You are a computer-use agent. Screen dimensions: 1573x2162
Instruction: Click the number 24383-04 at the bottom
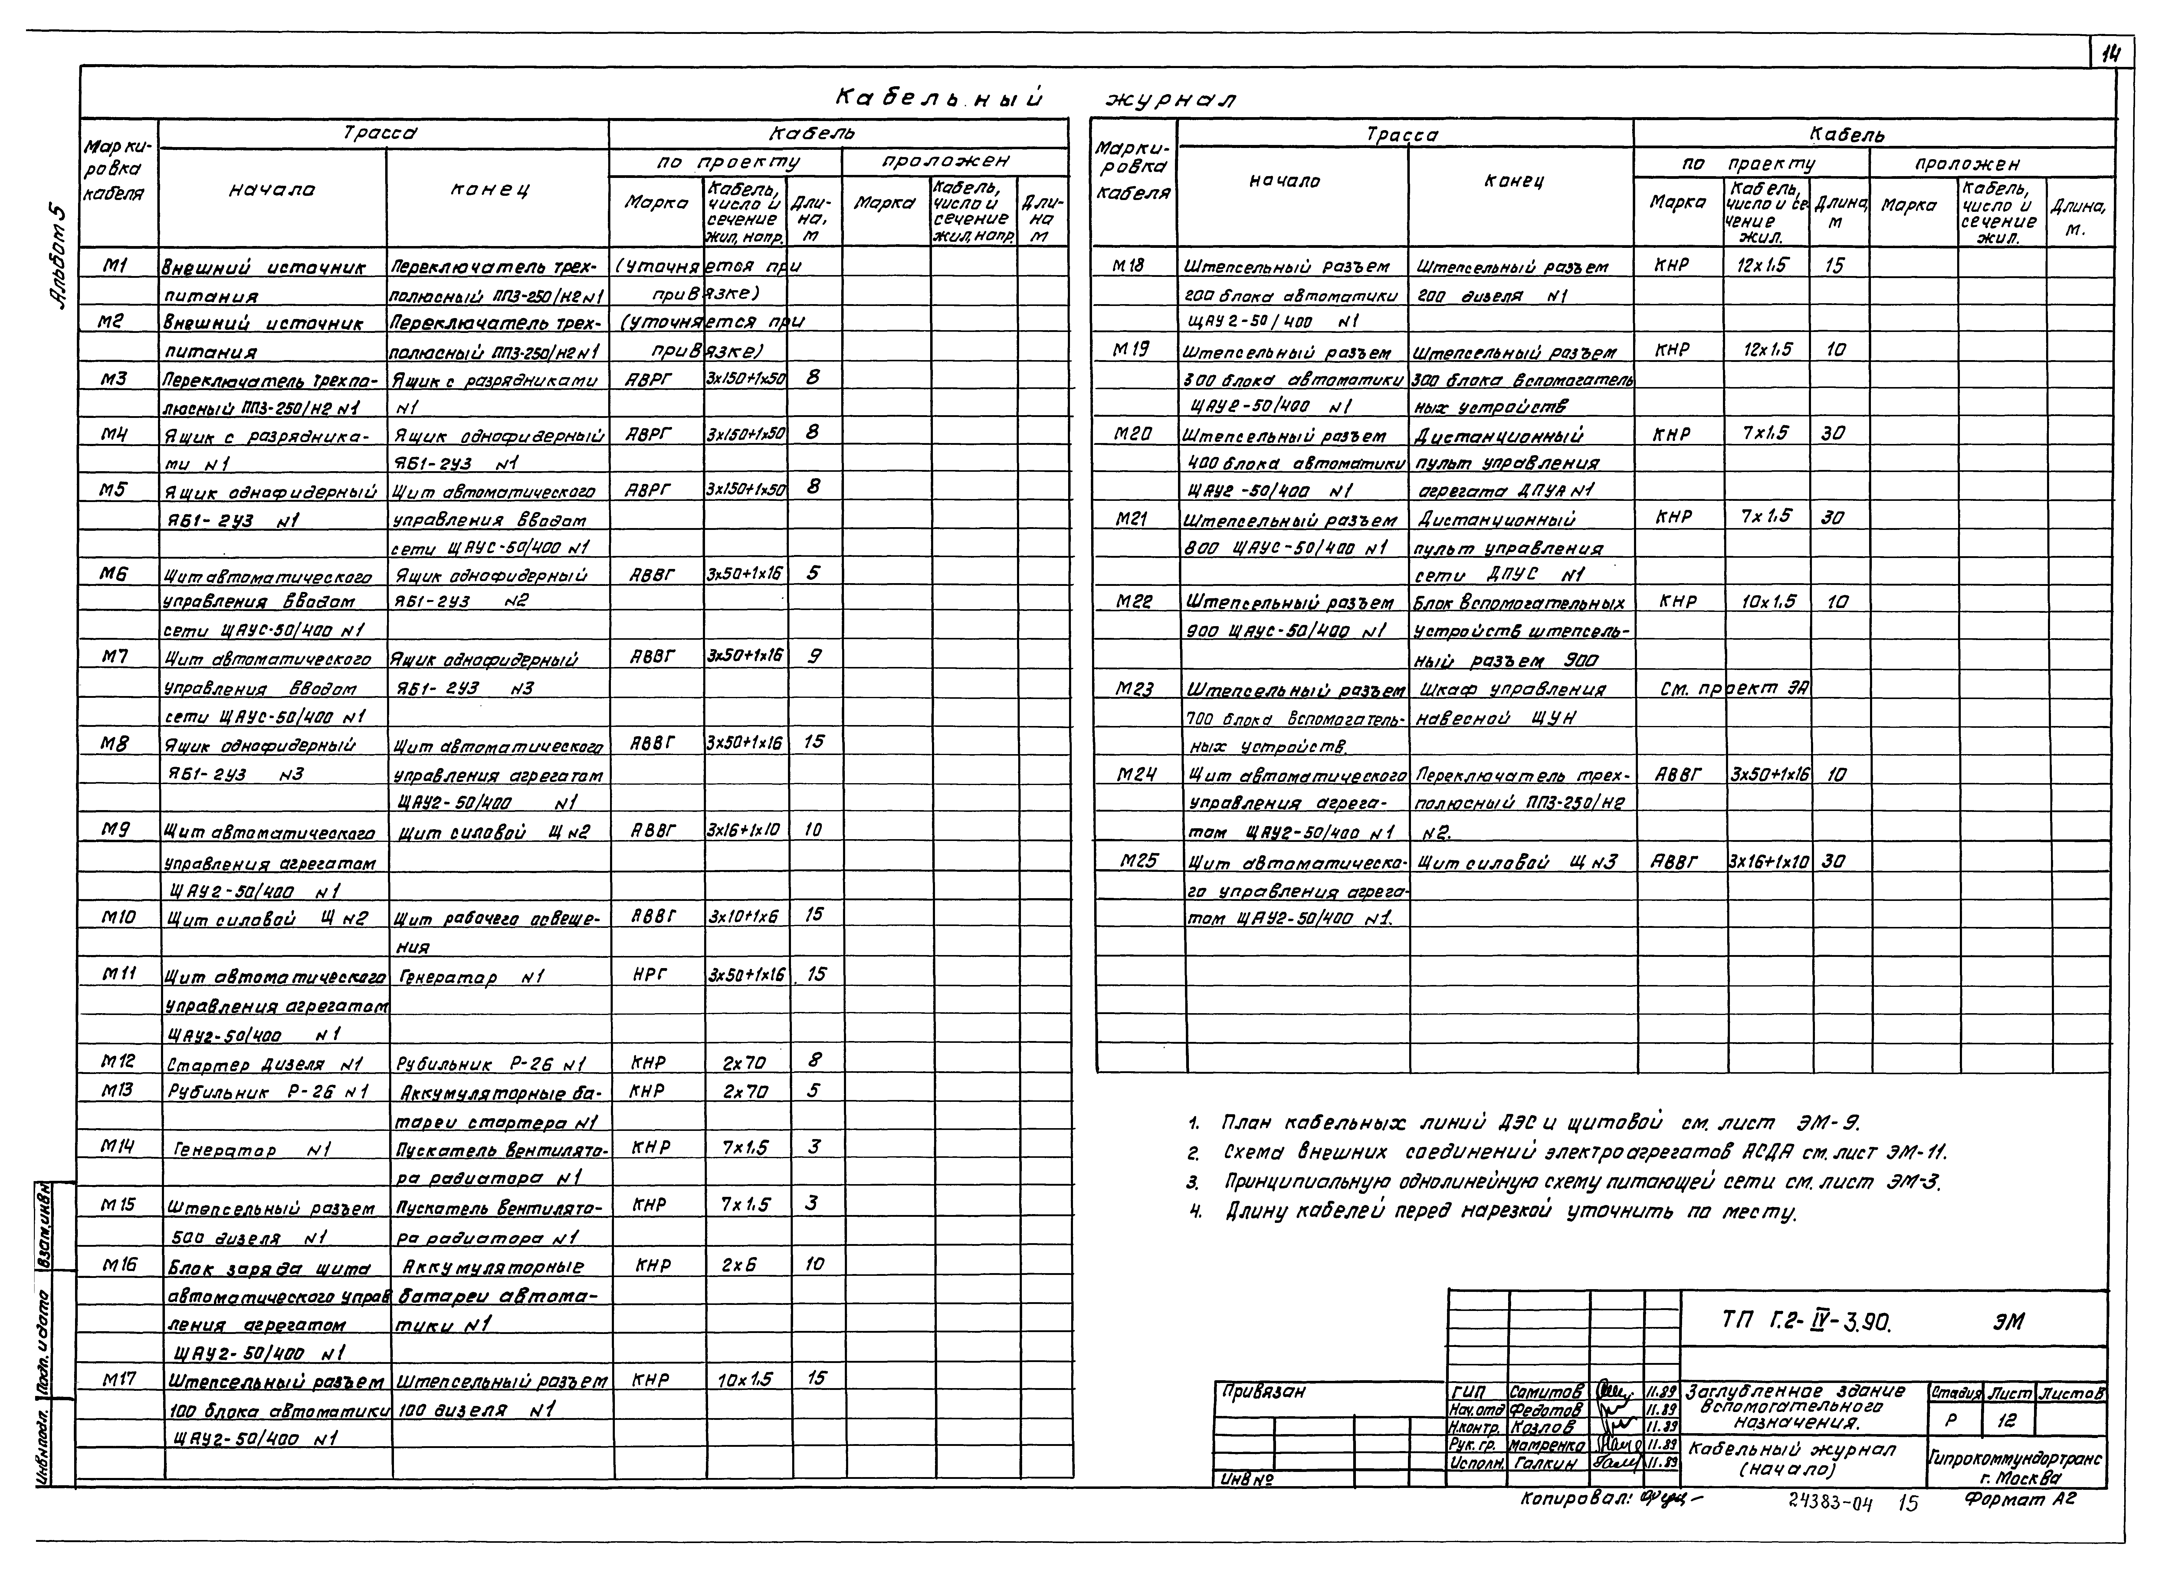coord(1830,1504)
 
